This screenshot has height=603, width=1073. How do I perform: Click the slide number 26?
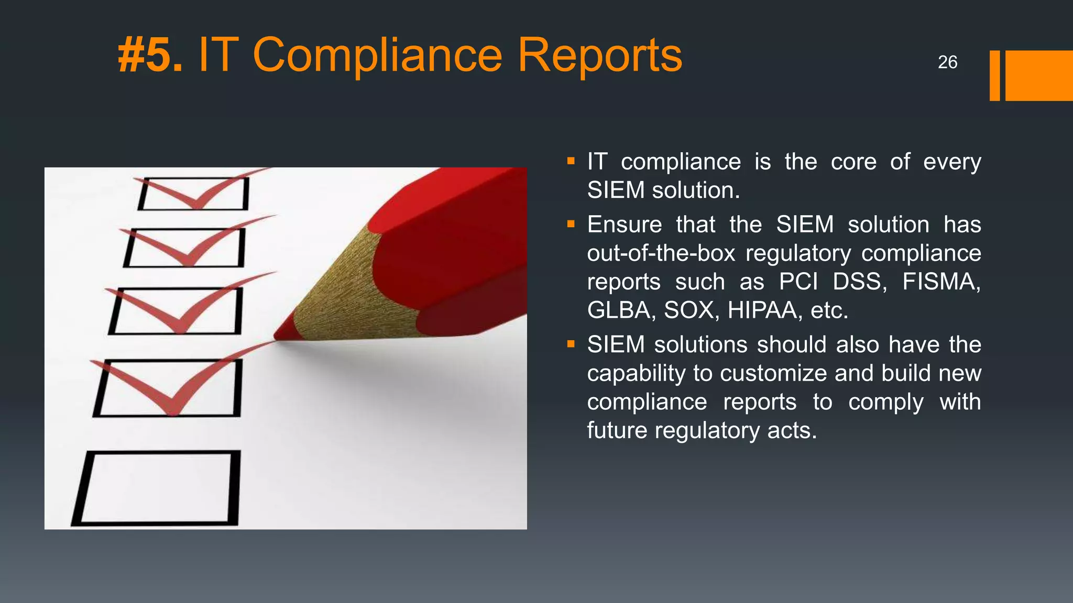click(x=947, y=62)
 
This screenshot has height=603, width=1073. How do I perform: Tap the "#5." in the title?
click(x=150, y=55)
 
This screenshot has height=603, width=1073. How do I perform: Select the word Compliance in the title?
click(x=377, y=56)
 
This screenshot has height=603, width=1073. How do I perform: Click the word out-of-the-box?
click(x=661, y=253)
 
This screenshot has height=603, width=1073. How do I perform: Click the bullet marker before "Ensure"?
click(x=571, y=225)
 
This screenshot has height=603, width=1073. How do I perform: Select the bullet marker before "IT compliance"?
click(x=571, y=162)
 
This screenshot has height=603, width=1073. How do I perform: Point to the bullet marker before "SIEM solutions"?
click(x=571, y=344)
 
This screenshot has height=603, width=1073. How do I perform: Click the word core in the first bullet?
click(x=853, y=162)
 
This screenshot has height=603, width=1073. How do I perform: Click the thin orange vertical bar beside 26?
click(x=994, y=75)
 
